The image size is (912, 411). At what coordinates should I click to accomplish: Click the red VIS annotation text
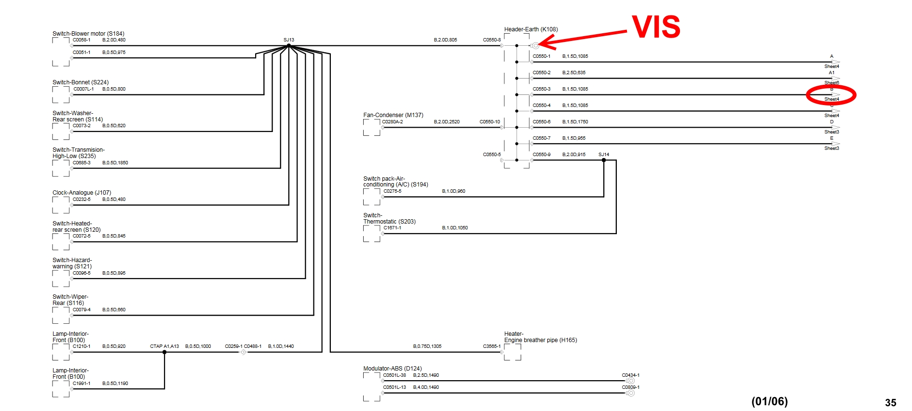click(x=656, y=27)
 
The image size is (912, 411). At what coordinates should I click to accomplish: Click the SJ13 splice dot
click(x=289, y=46)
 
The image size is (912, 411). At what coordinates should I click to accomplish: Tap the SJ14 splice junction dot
click(x=604, y=160)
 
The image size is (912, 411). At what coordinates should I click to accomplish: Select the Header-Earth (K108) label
click(x=531, y=29)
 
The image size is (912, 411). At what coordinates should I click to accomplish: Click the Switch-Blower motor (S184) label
click(x=88, y=34)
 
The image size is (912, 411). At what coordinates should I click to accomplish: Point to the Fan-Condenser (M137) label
click(x=393, y=115)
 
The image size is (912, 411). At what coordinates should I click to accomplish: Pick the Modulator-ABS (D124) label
click(x=392, y=369)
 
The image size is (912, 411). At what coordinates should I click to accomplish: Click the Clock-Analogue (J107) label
click(x=82, y=193)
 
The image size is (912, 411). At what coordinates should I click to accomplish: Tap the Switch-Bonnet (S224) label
click(x=81, y=82)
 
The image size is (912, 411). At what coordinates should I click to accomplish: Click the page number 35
click(x=890, y=403)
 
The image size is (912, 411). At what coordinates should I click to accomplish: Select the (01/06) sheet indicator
click(x=769, y=401)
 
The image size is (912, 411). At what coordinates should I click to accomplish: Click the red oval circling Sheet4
click(x=831, y=95)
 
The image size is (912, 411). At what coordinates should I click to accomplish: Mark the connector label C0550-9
click(x=542, y=155)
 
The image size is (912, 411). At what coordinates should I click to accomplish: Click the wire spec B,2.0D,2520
click(x=447, y=122)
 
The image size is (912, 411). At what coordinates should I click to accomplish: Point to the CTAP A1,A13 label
click(x=164, y=346)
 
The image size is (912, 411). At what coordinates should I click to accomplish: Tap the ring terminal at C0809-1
click(x=631, y=393)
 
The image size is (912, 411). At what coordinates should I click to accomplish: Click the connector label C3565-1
click(x=492, y=346)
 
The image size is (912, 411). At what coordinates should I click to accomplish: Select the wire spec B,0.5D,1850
click(x=115, y=163)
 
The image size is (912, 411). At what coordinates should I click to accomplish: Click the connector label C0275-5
click(x=393, y=191)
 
